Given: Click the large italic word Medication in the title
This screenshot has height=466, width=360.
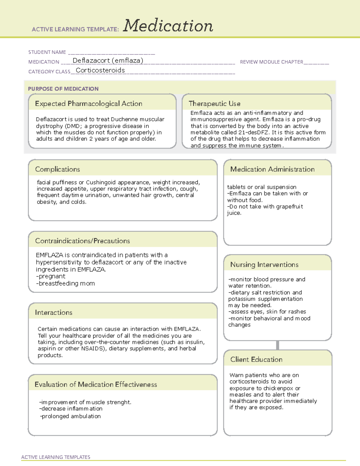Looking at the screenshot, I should click(x=168, y=26).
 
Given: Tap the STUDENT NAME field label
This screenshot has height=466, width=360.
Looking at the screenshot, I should click(x=47, y=52).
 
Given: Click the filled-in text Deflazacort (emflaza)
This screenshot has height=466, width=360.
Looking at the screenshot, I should click(x=108, y=61).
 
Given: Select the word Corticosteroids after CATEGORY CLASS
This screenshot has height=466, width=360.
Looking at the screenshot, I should click(x=100, y=70).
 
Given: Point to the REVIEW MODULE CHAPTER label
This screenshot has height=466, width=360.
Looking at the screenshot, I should click(x=271, y=62).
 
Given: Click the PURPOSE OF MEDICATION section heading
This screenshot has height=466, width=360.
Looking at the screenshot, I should click(x=63, y=89).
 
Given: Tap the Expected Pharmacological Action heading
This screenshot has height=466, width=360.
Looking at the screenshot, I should click(x=88, y=104).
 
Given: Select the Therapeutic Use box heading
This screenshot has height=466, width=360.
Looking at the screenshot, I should click(x=214, y=104).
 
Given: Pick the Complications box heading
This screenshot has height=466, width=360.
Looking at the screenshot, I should click(x=58, y=169).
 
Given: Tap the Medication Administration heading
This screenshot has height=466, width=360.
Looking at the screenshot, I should click(x=272, y=169).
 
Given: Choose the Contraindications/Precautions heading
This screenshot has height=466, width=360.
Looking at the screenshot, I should click(x=82, y=241).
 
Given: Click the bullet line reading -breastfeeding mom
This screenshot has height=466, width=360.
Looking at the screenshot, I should click(x=65, y=283).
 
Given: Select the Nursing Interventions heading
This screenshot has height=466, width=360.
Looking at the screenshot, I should click(x=264, y=265).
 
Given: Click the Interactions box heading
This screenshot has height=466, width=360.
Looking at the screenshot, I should click(x=54, y=313).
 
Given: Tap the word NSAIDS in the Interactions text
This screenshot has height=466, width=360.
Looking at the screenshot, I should click(x=92, y=349).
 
